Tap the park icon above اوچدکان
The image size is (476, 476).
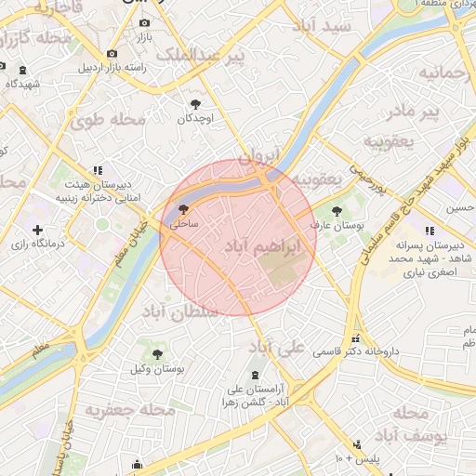click(x=195, y=105)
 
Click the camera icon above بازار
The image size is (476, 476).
click(x=143, y=23)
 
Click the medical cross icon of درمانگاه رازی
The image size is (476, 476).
click(x=37, y=230)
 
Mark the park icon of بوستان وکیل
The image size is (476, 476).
click(x=157, y=354)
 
